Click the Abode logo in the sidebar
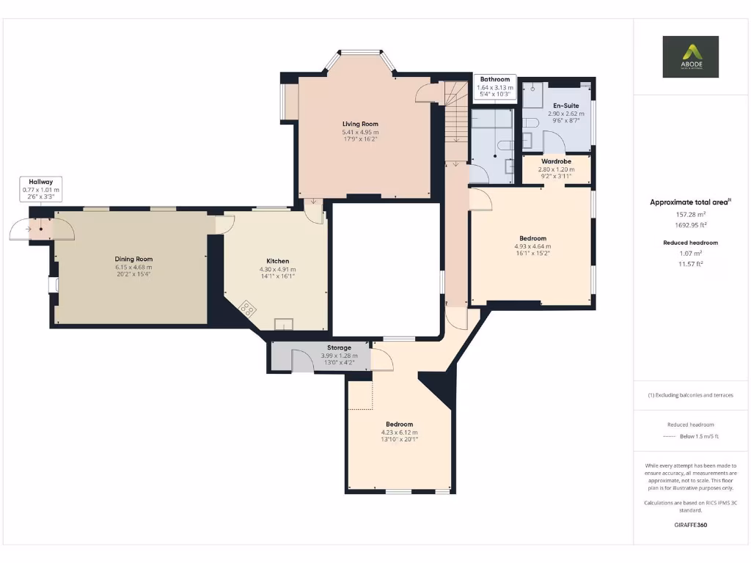coord(690,56)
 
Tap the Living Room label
coord(360,124)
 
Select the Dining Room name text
coord(133,259)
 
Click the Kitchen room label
coord(277,261)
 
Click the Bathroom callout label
coord(495,79)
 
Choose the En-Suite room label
coord(565,106)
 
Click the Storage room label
coord(338,347)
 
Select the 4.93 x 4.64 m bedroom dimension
coord(532,246)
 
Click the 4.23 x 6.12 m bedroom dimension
coord(399,433)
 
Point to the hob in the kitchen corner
coord(248,309)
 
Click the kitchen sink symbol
coord(283,324)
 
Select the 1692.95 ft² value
coord(690,225)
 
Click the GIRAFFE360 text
coord(690,525)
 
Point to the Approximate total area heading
coord(689,202)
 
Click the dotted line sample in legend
coord(667,436)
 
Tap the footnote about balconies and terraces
coord(690,395)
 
